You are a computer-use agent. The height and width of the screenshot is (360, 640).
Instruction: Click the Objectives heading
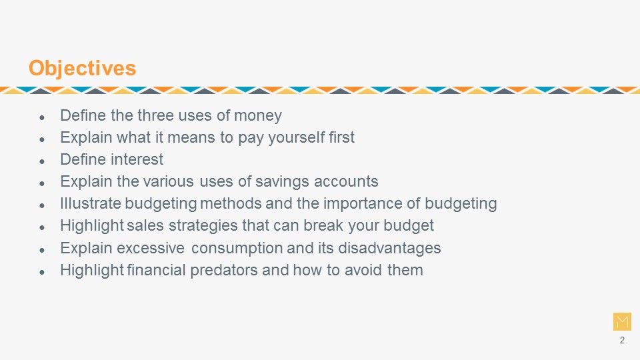(x=82, y=68)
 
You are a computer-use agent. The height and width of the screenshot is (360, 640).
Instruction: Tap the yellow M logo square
(x=622, y=321)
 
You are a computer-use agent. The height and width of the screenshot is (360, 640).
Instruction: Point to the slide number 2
(x=622, y=341)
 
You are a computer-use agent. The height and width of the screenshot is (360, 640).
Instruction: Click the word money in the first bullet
(x=257, y=116)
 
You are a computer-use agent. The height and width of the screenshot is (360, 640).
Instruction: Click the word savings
(x=282, y=182)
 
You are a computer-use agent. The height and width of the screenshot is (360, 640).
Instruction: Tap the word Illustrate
(x=91, y=203)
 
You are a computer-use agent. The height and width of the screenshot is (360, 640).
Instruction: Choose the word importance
(x=363, y=204)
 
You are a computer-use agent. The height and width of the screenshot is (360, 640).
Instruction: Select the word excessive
(x=151, y=248)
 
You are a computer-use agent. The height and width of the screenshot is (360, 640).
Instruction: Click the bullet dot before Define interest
(x=42, y=161)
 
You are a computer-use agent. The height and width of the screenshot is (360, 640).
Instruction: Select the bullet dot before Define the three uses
(x=42, y=117)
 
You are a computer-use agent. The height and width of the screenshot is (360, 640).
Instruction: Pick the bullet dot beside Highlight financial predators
(x=42, y=272)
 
